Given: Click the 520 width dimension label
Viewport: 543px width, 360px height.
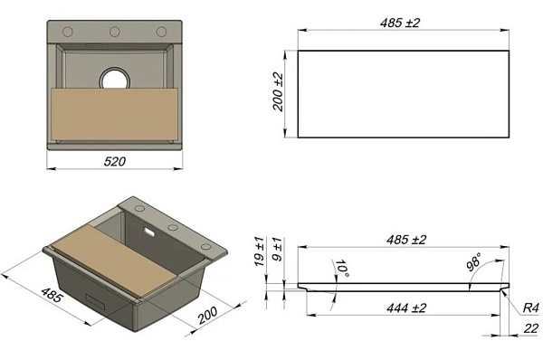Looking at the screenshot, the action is tap(115, 161).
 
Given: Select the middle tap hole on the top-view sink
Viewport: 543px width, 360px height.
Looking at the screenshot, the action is tap(115, 33).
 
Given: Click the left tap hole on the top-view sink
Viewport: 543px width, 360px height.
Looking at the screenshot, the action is tap(68, 33).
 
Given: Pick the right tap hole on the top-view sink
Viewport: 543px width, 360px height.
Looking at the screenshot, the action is tap(161, 33).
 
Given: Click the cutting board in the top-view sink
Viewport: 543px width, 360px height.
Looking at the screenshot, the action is tap(115, 114).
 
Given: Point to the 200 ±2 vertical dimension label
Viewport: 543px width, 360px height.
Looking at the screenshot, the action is tap(278, 92).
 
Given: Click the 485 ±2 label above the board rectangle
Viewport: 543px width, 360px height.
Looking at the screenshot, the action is tap(400, 23).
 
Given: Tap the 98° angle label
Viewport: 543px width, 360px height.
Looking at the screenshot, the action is tap(473, 261).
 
